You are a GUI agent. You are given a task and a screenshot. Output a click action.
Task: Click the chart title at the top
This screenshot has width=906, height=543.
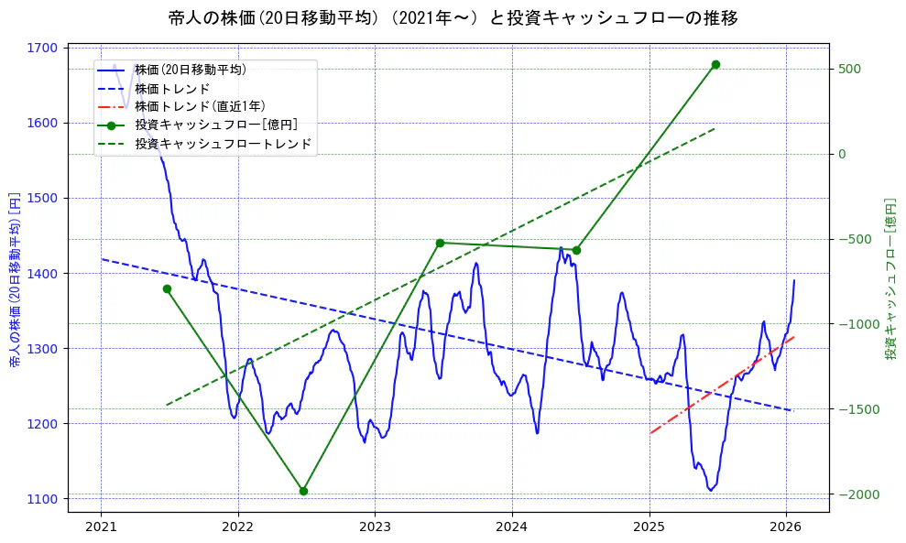[453, 18]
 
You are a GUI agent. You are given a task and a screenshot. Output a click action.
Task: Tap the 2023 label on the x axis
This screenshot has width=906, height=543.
[375, 527]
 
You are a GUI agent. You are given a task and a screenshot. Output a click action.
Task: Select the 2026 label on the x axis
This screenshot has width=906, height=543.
[786, 527]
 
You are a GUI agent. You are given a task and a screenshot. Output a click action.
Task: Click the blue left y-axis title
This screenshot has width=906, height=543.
[15, 279]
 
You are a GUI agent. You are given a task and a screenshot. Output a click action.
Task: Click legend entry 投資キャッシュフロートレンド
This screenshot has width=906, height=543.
[223, 144]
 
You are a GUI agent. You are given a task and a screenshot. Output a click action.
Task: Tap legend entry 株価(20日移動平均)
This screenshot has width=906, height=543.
[190, 69]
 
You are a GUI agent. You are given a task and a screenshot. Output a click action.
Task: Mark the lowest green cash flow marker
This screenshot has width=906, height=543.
[303, 491]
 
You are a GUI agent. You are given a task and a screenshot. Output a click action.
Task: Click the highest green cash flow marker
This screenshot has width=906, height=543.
[715, 64]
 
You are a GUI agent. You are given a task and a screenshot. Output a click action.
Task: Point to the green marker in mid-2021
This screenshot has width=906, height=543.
[167, 288]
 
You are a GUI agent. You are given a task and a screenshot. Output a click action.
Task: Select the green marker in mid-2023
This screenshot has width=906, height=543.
[440, 243]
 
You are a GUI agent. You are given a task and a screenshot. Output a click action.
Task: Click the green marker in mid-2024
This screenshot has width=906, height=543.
[576, 250]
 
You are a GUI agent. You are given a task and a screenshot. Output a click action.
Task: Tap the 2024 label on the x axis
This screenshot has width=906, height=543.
[512, 527]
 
